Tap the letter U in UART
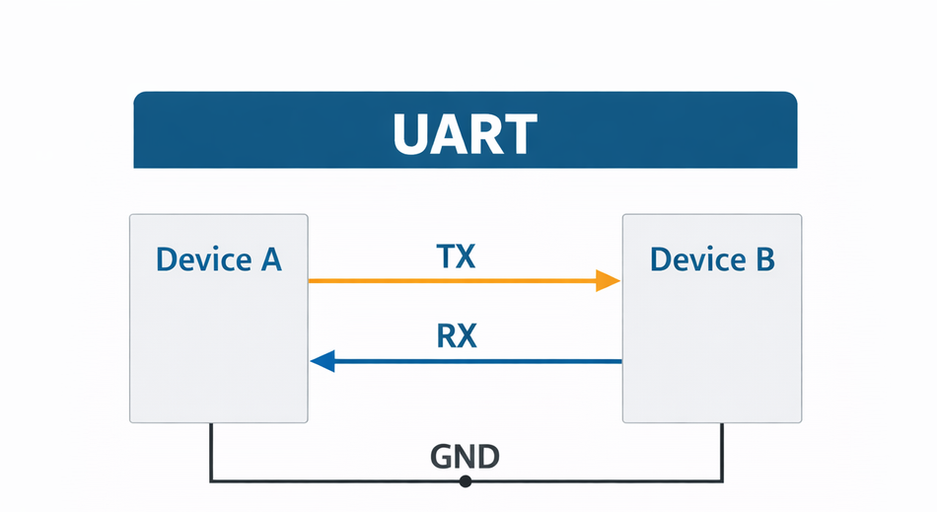pos(411,135)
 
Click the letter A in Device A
pos(269,259)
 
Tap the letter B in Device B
pos(762,259)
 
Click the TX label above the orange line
pos(456,256)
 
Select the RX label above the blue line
pos(456,336)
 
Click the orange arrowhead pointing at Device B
pos(608,281)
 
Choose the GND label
pos(466,457)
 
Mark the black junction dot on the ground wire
pos(466,481)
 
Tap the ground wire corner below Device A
pos(210,481)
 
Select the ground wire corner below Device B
pos(722,481)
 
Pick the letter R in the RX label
pos(446,336)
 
